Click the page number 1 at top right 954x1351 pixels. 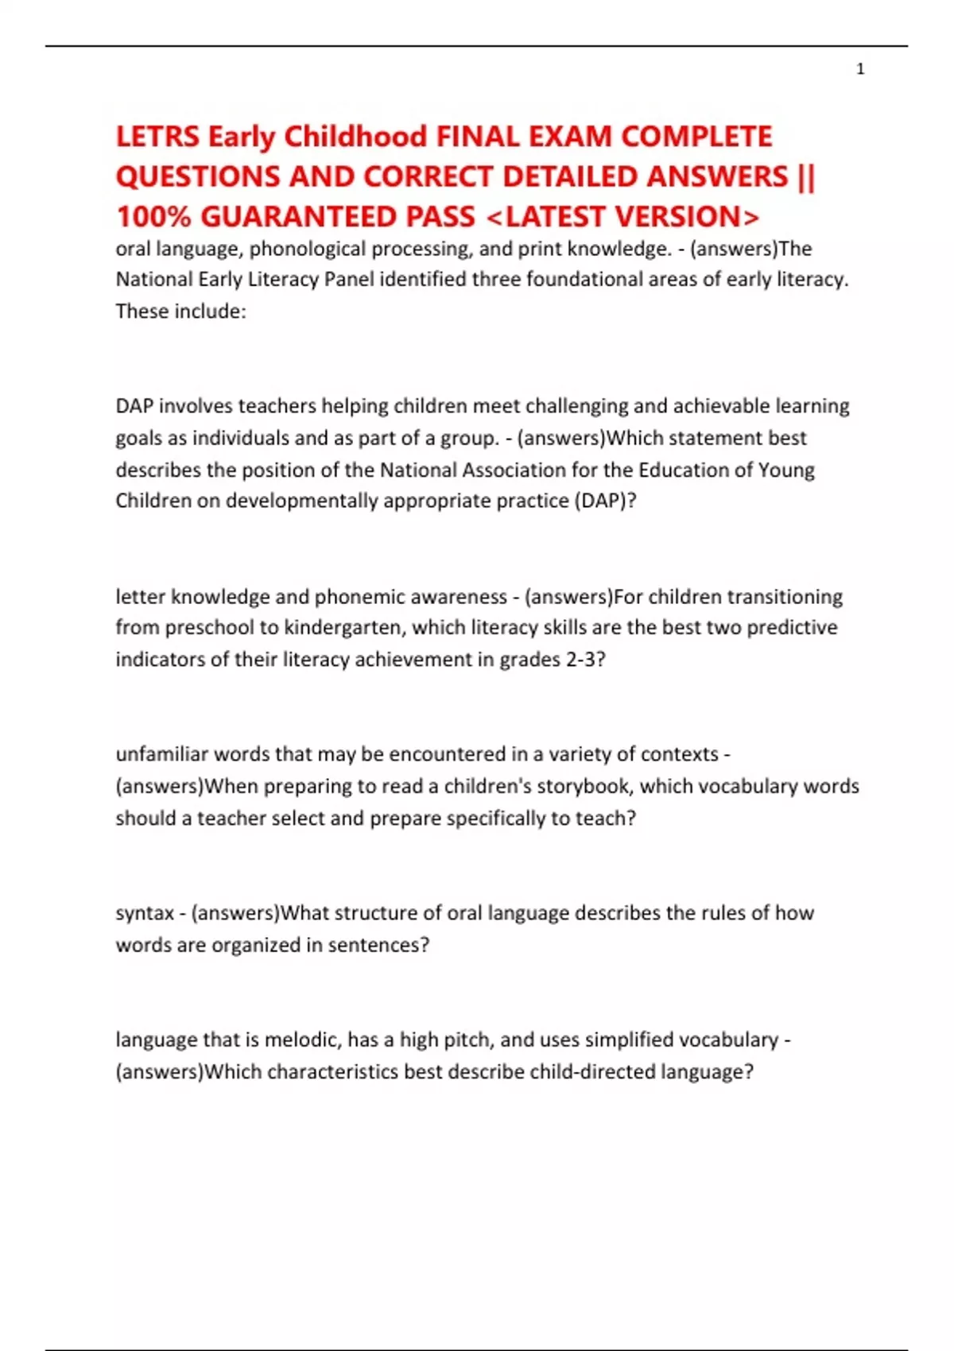click(x=860, y=69)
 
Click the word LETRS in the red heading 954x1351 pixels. click(x=157, y=137)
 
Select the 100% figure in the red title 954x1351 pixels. click(x=154, y=216)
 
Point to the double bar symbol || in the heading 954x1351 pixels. click(x=805, y=176)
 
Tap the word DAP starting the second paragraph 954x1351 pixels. click(x=134, y=406)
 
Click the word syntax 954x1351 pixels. click(x=145, y=913)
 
